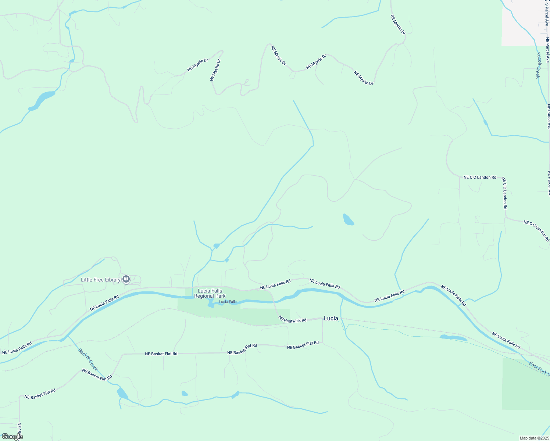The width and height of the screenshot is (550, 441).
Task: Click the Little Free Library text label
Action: [101, 280]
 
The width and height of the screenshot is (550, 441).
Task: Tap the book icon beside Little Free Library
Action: [126, 279]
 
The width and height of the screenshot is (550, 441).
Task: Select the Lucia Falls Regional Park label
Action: [210, 293]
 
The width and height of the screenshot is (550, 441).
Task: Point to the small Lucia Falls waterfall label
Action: [228, 302]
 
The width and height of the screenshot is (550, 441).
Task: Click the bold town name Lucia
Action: [331, 318]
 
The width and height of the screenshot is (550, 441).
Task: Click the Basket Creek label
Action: [88, 359]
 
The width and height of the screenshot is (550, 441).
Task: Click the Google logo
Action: [12, 437]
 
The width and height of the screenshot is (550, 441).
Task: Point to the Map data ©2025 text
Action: [534, 438]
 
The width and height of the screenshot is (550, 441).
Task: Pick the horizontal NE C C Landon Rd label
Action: [480, 177]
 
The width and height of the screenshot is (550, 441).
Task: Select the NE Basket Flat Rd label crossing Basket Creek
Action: [97, 374]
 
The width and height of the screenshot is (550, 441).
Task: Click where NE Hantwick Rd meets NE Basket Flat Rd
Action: [322, 342]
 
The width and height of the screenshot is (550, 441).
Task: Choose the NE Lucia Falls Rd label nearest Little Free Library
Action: [104, 303]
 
